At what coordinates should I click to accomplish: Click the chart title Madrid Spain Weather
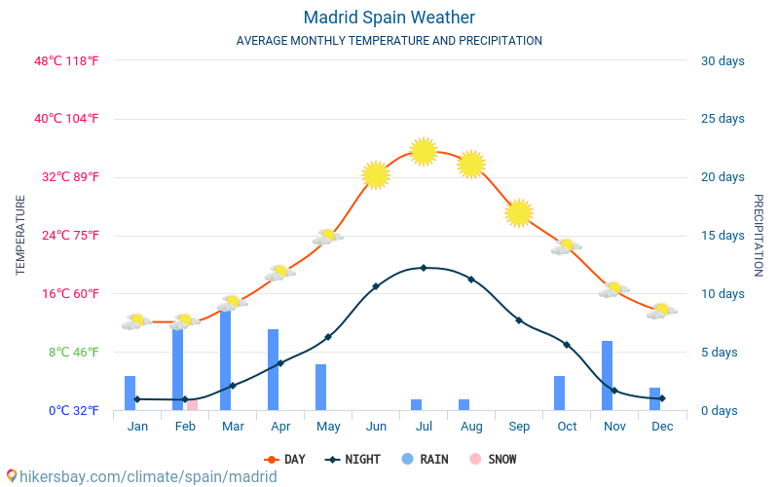(x=389, y=18)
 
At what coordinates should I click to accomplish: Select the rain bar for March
(x=226, y=360)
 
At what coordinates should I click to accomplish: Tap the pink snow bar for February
(x=192, y=404)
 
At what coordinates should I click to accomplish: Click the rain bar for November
(x=607, y=376)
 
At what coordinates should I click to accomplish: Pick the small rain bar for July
(x=416, y=404)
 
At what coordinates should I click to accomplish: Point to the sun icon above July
(x=423, y=151)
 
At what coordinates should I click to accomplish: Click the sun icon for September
(x=519, y=212)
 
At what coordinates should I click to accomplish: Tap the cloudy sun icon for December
(x=661, y=311)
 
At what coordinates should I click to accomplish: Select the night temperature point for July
(x=423, y=267)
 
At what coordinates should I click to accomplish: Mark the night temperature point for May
(x=328, y=337)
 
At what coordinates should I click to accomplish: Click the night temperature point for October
(x=566, y=345)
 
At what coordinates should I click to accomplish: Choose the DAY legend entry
(x=284, y=460)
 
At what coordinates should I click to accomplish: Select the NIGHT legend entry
(x=353, y=460)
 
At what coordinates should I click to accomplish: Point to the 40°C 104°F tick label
(x=67, y=119)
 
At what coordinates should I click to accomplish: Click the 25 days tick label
(x=723, y=119)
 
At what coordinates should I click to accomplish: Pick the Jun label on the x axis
(x=376, y=427)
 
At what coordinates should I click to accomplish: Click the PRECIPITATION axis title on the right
(x=758, y=235)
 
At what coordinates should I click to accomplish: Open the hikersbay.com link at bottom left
(x=141, y=476)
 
